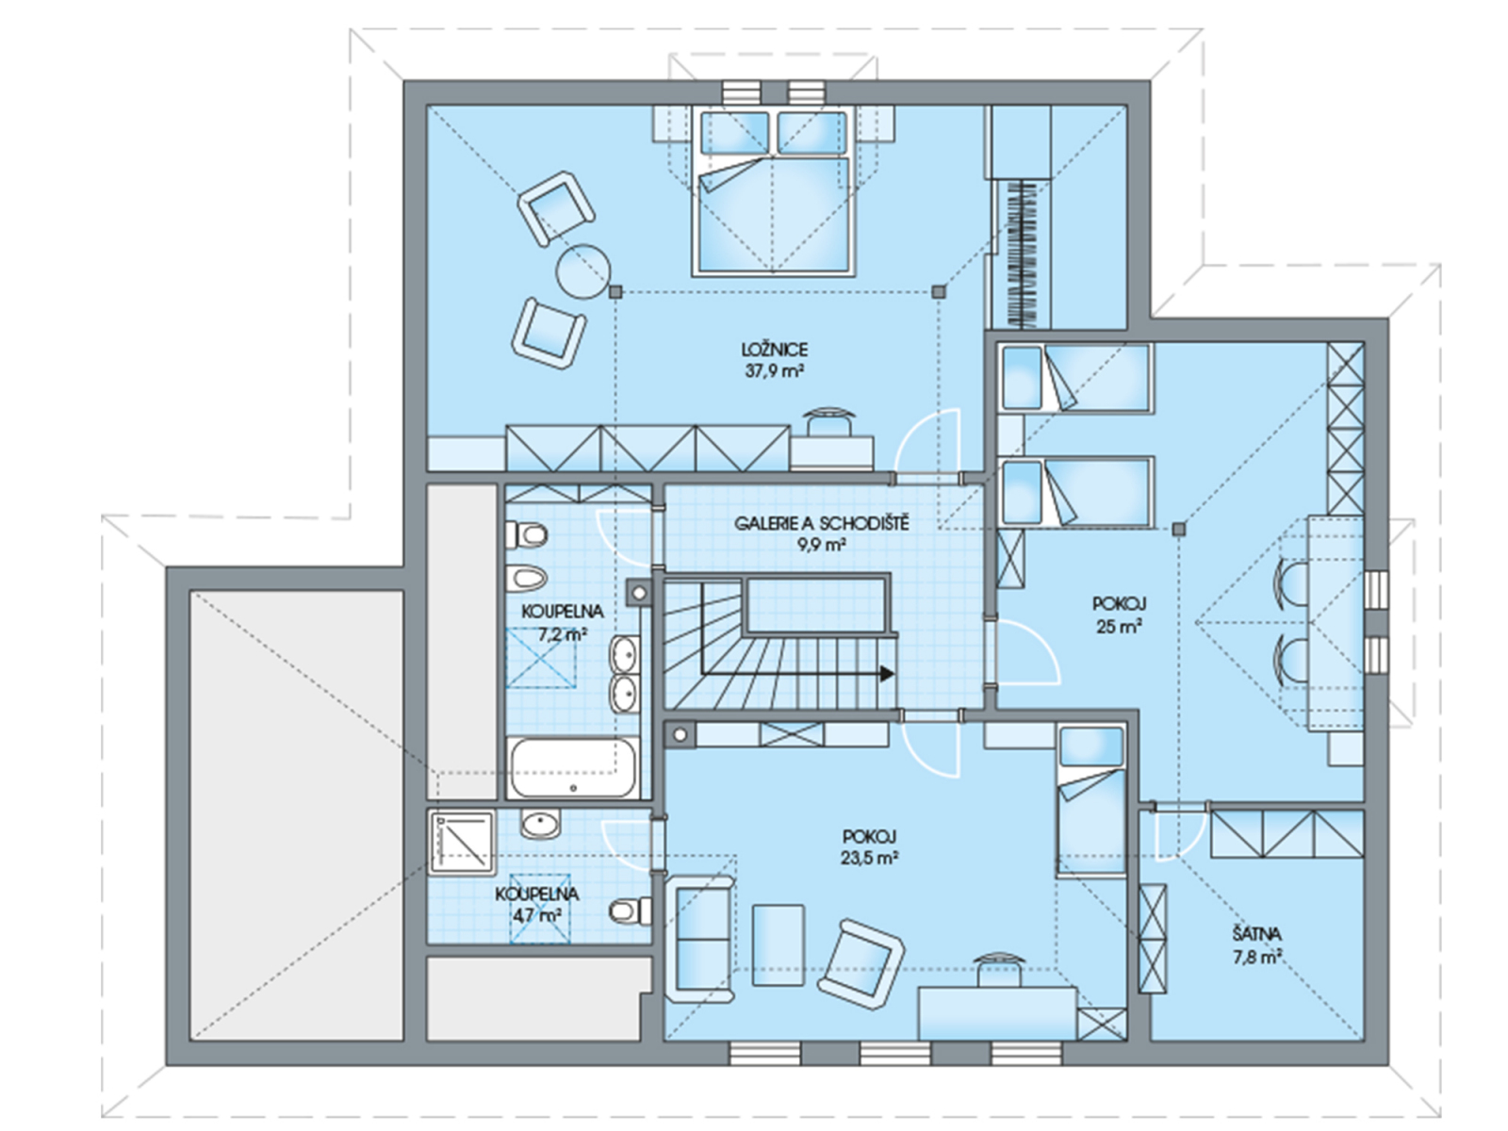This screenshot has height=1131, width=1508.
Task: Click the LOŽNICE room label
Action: click(x=775, y=350)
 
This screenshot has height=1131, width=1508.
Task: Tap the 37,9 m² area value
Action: click(x=775, y=371)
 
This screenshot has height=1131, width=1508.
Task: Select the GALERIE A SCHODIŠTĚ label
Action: click(x=821, y=523)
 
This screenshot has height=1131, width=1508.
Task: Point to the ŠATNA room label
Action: click(x=1256, y=934)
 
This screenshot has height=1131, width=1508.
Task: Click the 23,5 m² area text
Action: click(x=870, y=858)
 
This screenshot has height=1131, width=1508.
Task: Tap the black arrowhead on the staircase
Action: click(x=887, y=674)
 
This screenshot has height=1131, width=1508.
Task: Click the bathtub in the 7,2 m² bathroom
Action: click(x=572, y=768)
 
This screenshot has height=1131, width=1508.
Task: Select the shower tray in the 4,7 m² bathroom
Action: click(x=461, y=843)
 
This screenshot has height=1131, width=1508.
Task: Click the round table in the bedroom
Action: click(x=582, y=272)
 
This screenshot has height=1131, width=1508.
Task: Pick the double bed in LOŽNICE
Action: click(x=773, y=192)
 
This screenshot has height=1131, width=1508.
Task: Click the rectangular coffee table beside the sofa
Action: click(x=778, y=945)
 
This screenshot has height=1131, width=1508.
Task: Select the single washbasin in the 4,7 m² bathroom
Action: click(x=540, y=824)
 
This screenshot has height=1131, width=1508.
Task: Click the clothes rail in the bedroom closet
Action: click(x=1021, y=254)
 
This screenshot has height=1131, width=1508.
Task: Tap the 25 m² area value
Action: click(x=1119, y=626)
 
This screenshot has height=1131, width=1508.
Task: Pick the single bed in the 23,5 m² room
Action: click(x=1091, y=800)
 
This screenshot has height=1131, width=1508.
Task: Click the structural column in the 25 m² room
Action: click(x=1179, y=530)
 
